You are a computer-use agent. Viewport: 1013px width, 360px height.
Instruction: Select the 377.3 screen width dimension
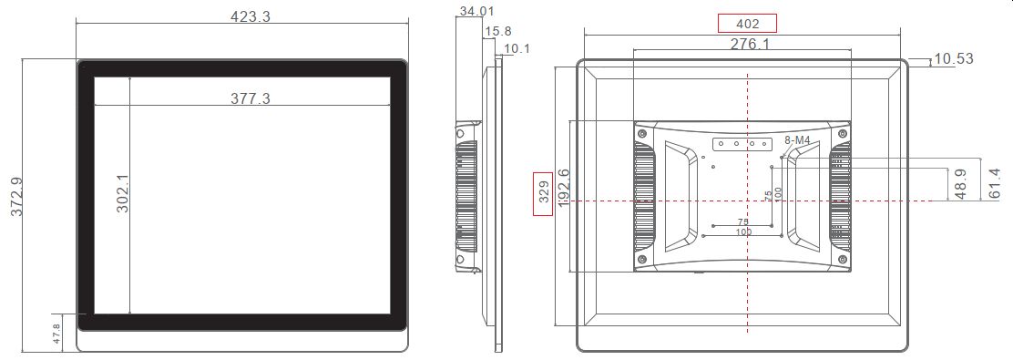(x=250, y=98)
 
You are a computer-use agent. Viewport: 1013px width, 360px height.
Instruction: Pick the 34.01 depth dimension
(x=477, y=11)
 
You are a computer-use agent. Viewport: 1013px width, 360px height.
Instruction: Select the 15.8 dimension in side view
(x=497, y=31)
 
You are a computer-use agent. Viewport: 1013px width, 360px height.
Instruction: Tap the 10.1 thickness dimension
(x=517, y=48)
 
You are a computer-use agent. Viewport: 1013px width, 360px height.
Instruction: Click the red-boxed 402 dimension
(x=746, y=24)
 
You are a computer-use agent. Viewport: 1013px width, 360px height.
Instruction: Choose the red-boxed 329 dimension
(x=543, y=194)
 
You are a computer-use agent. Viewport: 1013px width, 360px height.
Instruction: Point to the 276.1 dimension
(x=750, y=44)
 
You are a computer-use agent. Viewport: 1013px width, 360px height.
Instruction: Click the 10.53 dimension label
(x=953, y=59)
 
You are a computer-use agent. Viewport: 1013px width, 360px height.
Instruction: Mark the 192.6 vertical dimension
(x=564, y=190)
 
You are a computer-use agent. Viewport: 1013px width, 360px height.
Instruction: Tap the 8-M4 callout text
(x=796, y=140)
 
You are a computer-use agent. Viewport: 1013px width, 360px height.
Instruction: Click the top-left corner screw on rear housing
(x=643, y=133)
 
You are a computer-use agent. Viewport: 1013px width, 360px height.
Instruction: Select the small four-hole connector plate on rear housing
(x=739, y=143)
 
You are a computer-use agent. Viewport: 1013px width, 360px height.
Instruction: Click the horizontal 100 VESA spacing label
(x=743, y=233)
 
